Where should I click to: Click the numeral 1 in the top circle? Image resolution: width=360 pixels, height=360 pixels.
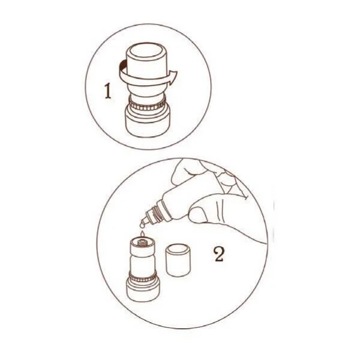pyautogui.click(x=107, y=91)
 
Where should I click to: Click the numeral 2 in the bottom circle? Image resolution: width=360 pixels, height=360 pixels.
pyautogui.click(x=219, y=254)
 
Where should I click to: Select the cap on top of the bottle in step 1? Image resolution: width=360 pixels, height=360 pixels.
pyautogui.click(x=146, y=67)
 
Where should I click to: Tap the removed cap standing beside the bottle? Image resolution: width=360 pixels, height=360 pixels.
pyautogui.click(x=178, y=260)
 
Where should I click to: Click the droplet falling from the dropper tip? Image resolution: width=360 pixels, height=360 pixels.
pyautogui.click(x=143, y=226)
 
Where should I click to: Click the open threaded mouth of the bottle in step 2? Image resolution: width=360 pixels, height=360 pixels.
pyautogui.click(x=143, y=242)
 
